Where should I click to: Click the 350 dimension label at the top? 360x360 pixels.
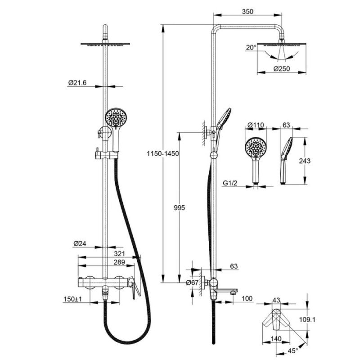pos(247,11)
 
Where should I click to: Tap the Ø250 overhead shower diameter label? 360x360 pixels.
pos(282,69)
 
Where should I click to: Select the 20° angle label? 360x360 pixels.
pos(251,48)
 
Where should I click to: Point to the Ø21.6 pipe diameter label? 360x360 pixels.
pos(77,83)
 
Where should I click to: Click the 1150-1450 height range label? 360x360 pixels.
pos(163,153)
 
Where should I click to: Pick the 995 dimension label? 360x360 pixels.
pos(179,208)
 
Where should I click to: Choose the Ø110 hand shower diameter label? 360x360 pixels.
pos(256,125)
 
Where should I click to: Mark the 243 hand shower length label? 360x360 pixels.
pos(305,161)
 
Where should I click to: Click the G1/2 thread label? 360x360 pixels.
pos(230,183)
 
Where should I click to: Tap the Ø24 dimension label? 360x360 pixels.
pos(80,243)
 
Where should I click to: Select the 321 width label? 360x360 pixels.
pos(120,253)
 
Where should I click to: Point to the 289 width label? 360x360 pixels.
pos(119,262)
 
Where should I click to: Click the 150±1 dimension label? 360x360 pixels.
pos(73,299)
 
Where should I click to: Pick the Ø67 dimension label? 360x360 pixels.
pos(192,283)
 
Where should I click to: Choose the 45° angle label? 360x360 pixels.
pos(293,351)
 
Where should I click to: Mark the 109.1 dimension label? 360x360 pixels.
pos(307,319)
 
